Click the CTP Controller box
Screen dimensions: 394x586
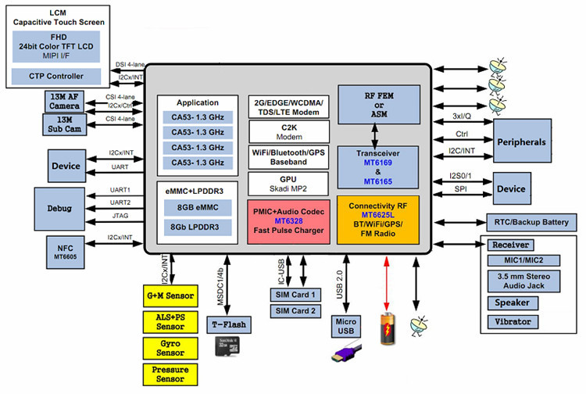pyautogui.click(x=55, y=76)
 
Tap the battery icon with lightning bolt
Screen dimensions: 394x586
pyautogui.click(x=385, y=330)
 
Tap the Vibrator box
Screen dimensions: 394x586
pyautogui.click(x=513, y=321)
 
